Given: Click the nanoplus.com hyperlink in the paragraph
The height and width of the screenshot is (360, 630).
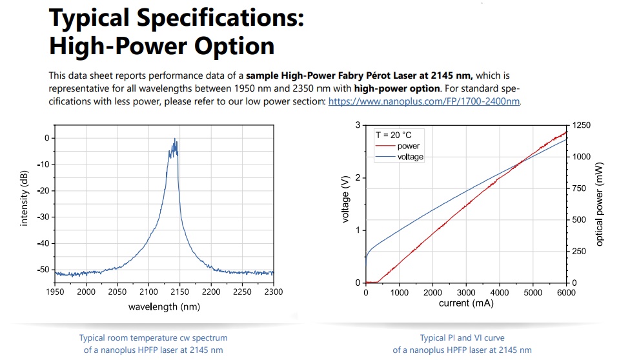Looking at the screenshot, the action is click(424, 101).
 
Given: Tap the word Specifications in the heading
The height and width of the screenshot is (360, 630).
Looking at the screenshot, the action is click(220, 19).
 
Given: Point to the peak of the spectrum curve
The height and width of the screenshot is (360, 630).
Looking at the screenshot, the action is click(175, 139).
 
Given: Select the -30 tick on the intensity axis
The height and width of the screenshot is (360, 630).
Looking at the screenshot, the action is click(43, 217).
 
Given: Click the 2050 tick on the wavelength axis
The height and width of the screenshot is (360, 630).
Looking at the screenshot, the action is click(117, 292).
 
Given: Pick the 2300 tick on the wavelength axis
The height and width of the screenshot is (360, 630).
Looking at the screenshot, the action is click(274, 292).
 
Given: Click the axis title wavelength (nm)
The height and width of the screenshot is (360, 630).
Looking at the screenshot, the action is click(164, 307).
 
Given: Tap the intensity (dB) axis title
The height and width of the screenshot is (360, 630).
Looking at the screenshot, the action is click(24, 199).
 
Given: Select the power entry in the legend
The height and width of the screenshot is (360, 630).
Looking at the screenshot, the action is click(408, 146).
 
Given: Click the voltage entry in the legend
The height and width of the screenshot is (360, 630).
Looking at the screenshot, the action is click(411, 157).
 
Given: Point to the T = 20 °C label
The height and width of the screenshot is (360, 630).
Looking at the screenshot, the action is click(393, 135).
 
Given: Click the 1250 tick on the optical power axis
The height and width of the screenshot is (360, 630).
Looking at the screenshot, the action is click(582, 125).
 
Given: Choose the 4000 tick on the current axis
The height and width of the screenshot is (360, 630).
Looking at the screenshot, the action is click(500, 292).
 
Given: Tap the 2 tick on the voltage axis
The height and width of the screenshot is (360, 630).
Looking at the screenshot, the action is click(358, 177).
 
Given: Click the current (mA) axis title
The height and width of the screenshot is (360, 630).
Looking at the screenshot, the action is click(466, 303).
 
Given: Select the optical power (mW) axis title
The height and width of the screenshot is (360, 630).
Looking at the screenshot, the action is click(600, 204).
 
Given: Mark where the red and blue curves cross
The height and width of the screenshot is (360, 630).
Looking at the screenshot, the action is click(520, 163).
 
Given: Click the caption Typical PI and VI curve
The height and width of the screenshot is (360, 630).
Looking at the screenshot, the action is click(462, 338).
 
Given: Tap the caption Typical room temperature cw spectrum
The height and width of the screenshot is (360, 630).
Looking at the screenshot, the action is click(153, 338).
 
